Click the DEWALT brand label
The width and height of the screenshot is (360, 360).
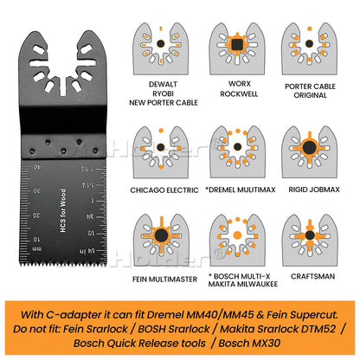click(163, 84)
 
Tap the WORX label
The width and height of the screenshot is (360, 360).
click(240, 84)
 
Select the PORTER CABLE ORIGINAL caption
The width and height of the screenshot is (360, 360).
click(310, 91)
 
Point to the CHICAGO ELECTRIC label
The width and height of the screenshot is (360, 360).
click(164, 190)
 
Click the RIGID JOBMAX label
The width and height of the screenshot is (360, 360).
click(314, 190)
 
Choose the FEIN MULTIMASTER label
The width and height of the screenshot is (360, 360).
click(164, 280)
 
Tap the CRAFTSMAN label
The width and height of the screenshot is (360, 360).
click(312, 276)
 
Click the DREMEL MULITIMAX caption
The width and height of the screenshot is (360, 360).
click(241, 190)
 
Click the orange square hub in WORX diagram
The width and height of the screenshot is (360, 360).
click(237, 44)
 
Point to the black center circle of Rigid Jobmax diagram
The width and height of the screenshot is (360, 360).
click(309, 147)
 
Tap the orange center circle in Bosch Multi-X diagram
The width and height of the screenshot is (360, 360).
click(237, 235)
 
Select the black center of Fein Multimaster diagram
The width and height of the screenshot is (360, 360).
click(161, 235)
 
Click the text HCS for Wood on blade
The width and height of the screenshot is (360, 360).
click(63, 211)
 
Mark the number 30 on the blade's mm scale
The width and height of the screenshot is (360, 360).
click(36, 190)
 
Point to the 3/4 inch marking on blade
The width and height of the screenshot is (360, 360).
click(90, 216)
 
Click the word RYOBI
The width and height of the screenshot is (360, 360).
click(163, 93)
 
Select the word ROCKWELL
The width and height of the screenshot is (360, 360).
click(239, 94)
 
